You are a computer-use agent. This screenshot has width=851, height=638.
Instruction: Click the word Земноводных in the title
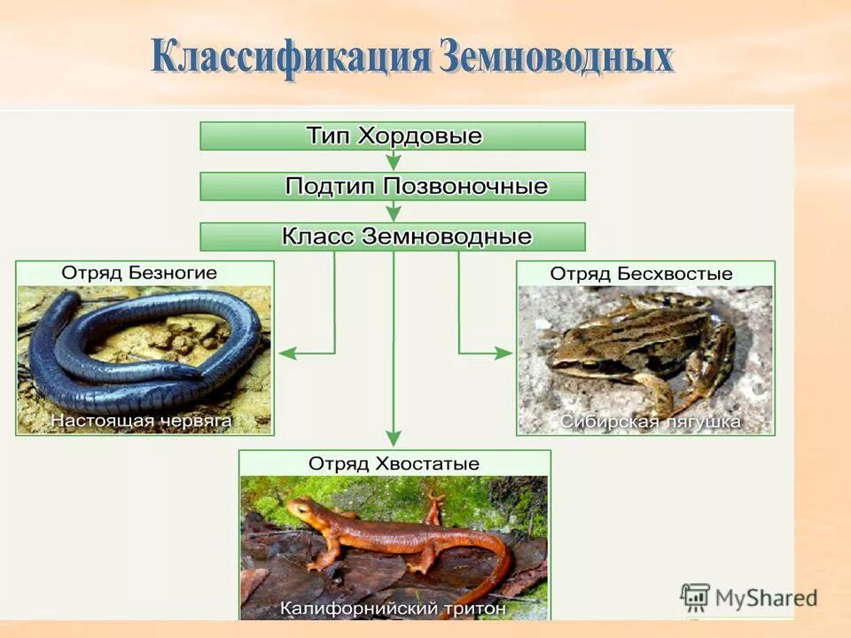pyautogui.click(x=556, y=56)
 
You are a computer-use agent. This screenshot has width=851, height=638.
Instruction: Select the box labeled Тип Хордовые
pyautogui.click(x=393, y=136)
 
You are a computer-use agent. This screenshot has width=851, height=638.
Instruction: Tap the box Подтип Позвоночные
pyautogui.click(x=393, y=186)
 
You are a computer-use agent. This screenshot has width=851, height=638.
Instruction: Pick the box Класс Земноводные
pyautogui.click(x=393, y=237)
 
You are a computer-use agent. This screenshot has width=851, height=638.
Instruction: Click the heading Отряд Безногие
pyautogui.click(x=139, y=273)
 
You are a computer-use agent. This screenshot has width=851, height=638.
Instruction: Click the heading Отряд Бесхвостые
pyautogui.click(x=642, y=274)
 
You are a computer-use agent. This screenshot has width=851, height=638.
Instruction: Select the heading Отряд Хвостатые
pyautogui.click(x=394, y=463)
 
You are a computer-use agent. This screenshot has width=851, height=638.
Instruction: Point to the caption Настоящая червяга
pyautogui.click(x=141, y=421)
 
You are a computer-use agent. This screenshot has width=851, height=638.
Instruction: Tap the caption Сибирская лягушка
pyautogui.click(x=650, y=422)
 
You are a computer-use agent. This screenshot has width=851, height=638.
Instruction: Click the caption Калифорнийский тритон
pyautogui.click(x=394, y=609)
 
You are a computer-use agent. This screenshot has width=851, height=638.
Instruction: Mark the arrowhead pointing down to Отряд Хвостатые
pyautogui.click(x=394, y=438)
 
